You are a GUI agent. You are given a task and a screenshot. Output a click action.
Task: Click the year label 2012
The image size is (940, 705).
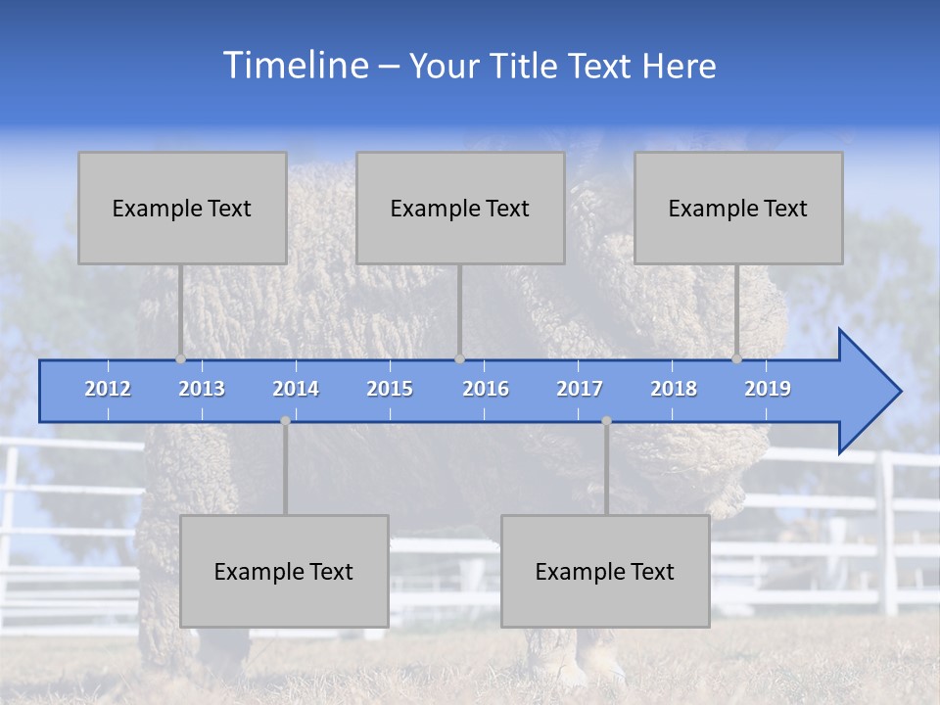pyautogui.click(x=108, y=389)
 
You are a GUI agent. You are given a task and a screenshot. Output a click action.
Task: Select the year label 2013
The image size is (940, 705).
pyautogui.click(x=202, y=389)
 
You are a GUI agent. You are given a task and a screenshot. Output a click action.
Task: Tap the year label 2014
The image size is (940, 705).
pyautogui.click(x=296, y=389)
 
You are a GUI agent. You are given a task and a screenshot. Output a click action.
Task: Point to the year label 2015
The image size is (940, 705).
pyautogui.click(x=390, y=389)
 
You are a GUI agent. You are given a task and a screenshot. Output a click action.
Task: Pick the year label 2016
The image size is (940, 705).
pyautogui.click(x=486, y=389)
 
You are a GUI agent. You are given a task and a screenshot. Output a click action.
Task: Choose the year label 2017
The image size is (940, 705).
pyautogui.click(x=580, y=389)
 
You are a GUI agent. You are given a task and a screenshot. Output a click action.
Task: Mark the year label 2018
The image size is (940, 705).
pyautogui.click(x=674, y=389)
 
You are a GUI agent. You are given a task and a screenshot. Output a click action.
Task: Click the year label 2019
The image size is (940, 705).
pyautogui.click(x=768, y=389)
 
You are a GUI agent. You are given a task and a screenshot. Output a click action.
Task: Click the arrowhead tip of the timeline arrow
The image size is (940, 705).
pyautogui.click(x=898, y=392)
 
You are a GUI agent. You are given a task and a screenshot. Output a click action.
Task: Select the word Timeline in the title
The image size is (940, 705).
pyautogui.click(x=295, y=65)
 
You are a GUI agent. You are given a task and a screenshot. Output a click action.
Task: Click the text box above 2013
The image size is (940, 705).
pyautogui.click(x=182, y=208)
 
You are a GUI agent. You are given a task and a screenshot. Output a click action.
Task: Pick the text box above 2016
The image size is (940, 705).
pyautogui.click(x=460, y=208)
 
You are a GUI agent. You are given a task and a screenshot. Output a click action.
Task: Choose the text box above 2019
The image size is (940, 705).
pyautogui.click(x=738, y=208)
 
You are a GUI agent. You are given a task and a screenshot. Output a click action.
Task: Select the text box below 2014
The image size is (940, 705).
pyautogui.click(x=284, y=571)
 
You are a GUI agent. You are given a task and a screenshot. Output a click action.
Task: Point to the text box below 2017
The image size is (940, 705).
pyautogui.click(x=605, y=571)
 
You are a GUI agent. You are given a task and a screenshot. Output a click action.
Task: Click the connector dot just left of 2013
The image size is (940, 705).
pyautogui.click(x=181, y=359)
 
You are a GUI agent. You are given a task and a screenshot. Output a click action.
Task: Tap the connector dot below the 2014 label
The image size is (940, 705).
pyautogui.click(x=285, y=421)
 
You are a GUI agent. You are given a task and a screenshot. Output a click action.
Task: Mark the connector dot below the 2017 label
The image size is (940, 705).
pyautogui.click(x=606, y=421)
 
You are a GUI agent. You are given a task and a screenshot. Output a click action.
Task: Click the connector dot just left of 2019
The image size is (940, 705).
pyautogui.click(x=737, y=359)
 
